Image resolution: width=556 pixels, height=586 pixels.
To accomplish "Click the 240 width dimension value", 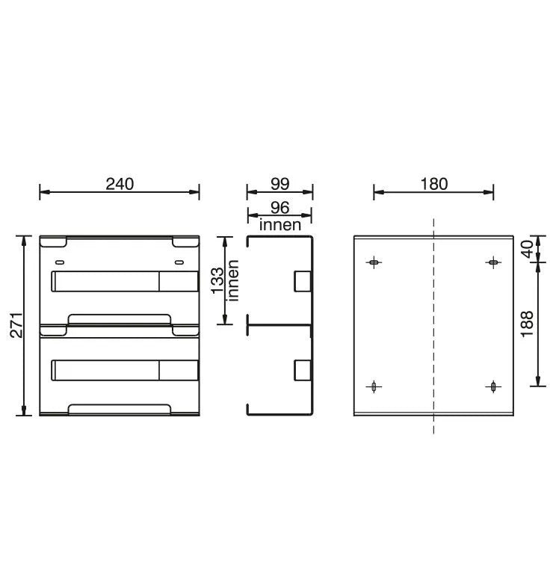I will (x=120, y=184).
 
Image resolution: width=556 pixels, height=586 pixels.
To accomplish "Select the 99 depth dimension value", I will (x=280, y=184).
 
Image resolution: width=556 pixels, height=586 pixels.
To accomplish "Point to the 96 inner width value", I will (x=279, y=208).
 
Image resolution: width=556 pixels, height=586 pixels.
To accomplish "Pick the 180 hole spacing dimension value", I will (x=433, y=184).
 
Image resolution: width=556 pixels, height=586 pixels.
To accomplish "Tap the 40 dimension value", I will (x=527, y=249).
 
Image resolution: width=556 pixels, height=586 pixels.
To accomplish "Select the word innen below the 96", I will (x=279, y=223).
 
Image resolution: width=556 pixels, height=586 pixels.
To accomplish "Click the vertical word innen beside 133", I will (x=233, y=280).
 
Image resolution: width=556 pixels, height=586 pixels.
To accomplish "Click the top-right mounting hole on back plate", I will (x=492, y=262).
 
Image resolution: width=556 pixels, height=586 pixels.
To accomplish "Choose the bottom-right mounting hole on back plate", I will (x=492, y=386).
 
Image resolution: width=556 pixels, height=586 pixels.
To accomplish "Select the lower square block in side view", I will (x=303, y=370).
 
